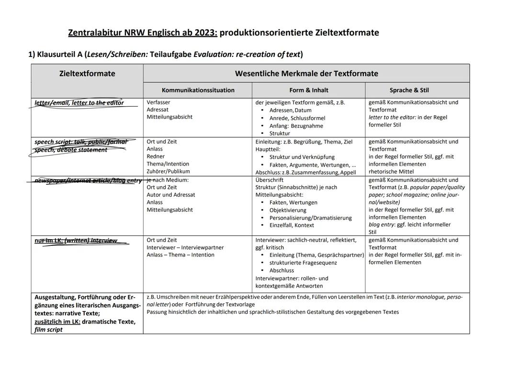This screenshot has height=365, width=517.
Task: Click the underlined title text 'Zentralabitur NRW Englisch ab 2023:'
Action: point(143,33)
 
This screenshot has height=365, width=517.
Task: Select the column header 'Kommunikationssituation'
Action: point(198,90)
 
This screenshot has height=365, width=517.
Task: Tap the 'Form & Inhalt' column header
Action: point(308,90)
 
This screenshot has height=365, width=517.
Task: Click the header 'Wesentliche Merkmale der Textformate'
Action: point(306,73)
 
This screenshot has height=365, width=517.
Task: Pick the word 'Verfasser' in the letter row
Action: point(158,102)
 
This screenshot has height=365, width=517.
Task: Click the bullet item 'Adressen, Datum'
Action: point(290,111)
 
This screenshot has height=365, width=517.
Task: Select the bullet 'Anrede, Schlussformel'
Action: point(297,118)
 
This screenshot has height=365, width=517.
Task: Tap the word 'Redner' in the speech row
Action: point(156,156)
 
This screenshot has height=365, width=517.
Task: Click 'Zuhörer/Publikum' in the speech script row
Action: point(168,171)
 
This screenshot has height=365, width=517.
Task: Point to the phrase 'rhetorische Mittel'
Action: point(391,171)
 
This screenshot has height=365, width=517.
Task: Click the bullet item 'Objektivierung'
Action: point(287,210)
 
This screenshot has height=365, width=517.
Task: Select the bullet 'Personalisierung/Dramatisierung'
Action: point(310,218)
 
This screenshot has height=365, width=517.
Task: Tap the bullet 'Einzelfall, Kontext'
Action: point(292,225)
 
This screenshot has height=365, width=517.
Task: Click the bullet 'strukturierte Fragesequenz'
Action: point(303,263)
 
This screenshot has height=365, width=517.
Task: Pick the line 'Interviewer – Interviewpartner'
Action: point(185,247)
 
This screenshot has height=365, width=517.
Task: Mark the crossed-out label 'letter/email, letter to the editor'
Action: point(79,103)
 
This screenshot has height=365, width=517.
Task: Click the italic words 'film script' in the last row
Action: point(48,330)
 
